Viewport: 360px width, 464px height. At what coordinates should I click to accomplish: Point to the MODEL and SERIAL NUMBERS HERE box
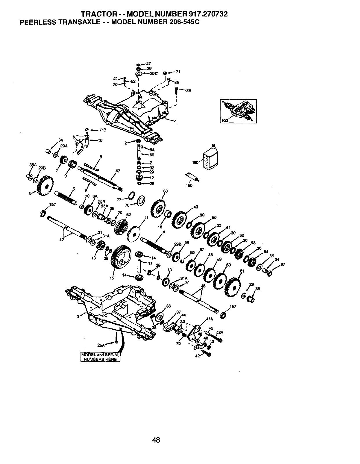tap(100, 357)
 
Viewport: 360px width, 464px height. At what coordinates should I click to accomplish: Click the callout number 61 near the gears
tap(242, 271)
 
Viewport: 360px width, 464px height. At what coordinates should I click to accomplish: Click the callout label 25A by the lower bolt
tap(101, 345)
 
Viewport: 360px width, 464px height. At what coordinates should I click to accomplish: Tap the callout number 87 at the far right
tap(283, 264)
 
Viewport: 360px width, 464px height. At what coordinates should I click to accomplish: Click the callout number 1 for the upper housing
tap(176, 121)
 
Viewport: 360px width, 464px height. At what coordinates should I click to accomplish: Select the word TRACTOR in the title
tap(94, 14)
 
